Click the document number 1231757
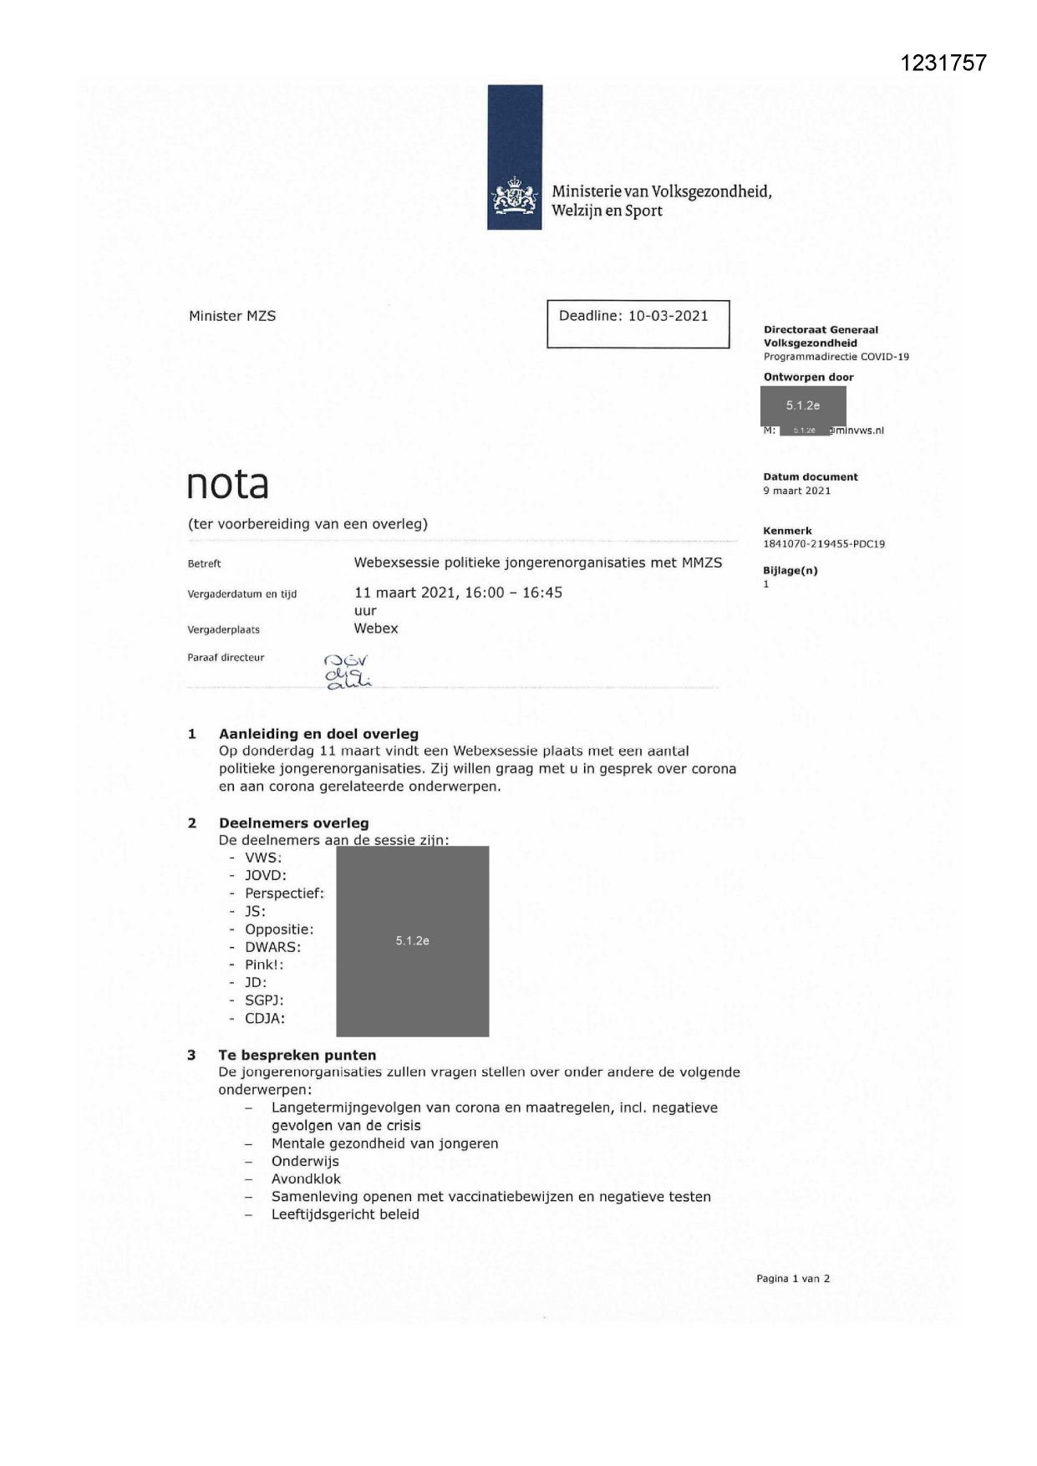943,64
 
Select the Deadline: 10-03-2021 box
638,323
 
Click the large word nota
227,485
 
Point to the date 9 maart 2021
796,491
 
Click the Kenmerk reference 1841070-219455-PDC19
823,544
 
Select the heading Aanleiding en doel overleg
318,734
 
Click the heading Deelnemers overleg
293,823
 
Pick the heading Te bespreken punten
297,1055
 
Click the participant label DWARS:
272,947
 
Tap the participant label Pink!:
264,965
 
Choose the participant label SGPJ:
264,1000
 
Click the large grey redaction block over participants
412,941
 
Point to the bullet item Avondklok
306,1178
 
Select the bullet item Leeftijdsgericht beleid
345,1214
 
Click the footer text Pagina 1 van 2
792,1278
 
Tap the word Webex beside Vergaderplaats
376,629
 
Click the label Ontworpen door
808,377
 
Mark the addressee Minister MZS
232,316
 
